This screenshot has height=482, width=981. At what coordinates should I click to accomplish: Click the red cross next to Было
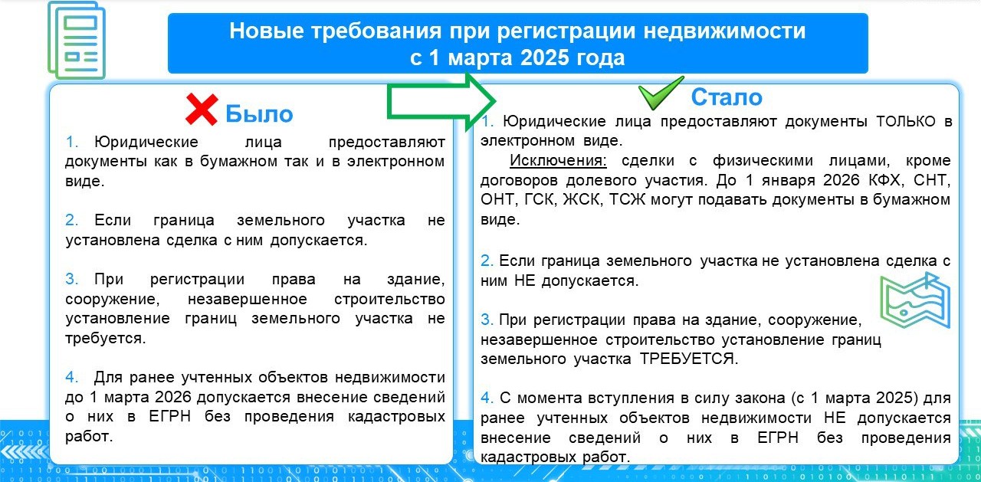coord(202,110)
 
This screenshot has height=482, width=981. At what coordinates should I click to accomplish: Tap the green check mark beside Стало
coord(661,93)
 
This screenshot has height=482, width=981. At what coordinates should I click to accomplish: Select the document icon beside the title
coord(77,41)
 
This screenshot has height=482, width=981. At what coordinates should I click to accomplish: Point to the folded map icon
coord(915,300)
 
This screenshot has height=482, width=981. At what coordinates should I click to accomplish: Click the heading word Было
coord(259,114)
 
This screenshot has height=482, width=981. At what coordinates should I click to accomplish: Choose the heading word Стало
coord(727,97)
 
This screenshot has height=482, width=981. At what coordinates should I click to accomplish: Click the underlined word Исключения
coord(558,160)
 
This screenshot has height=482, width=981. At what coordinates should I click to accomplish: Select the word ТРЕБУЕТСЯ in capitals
coord(689,359)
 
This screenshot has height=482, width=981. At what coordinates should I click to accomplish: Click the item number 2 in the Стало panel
coord(487,261)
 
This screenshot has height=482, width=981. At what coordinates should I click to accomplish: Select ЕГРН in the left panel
coord(170,416)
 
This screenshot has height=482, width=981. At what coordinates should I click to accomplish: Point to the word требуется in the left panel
coord(105,339)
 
